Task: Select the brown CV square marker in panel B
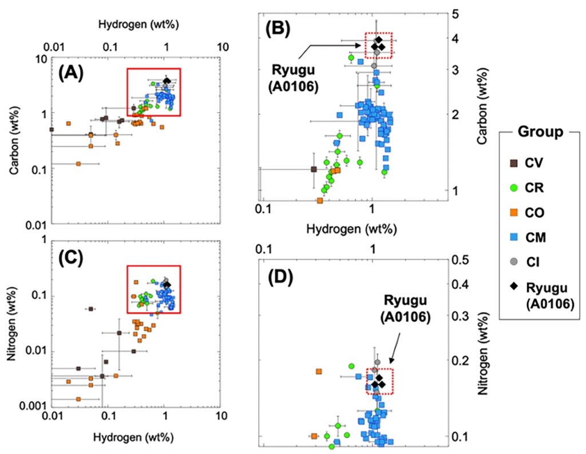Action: [314, 169]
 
